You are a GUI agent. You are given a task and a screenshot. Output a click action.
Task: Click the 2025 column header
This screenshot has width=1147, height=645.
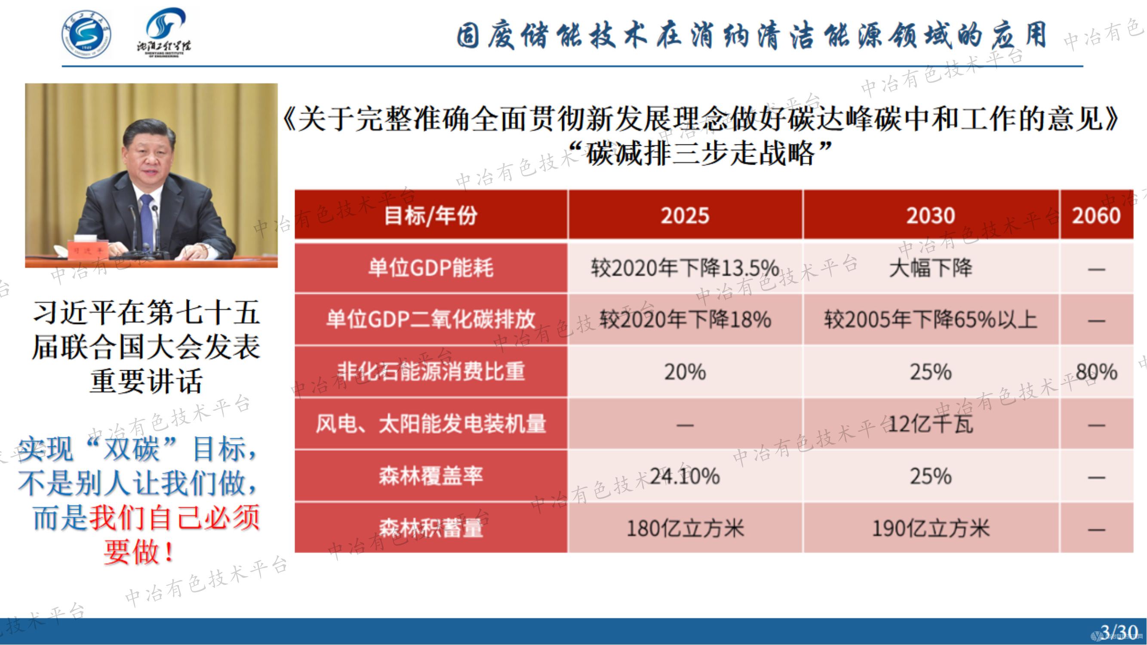pyautogui.click(x=685, y=215)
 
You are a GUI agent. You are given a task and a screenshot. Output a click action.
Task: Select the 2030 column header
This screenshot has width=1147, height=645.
pyautogui.click(x=931, y=215)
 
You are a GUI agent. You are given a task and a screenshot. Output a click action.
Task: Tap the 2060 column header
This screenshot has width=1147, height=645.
pyautogui.click(x=1096, y=215)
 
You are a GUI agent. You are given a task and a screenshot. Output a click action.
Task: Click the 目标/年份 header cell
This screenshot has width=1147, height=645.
pyautogui.click(x=431, y=215)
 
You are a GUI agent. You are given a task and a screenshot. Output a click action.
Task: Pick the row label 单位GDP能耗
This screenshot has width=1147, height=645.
pyautogui.click(x=431, y=268)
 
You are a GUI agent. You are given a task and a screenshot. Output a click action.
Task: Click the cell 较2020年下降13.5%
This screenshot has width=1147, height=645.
pyautogui.click(x=685, y=268)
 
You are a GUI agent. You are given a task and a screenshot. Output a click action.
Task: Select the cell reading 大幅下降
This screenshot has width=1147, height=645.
pyautogui.click(x=931, y=268)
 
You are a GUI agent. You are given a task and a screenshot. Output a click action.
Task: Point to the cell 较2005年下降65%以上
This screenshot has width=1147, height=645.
pyautogui.click(x=931, y=319)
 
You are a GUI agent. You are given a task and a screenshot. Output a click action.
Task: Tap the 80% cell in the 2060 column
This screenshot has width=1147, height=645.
pyautogui.click(x=1096, y=372)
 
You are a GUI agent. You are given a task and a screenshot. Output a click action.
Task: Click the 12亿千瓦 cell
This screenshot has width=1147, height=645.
pyautogui.click(x=931, y=424)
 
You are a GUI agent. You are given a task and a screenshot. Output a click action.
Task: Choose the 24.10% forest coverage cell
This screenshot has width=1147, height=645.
pyautogui.click(x=685, y=476)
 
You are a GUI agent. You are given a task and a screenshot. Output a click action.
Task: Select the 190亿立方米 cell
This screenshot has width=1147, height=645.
pyautogui.click(x=931, y=528)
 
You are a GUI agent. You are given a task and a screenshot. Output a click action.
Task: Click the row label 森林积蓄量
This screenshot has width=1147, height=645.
pyautogui.click(x=431, y=528)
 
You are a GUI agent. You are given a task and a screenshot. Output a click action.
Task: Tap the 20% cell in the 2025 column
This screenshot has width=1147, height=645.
pyautogui.click(x=685, y=372)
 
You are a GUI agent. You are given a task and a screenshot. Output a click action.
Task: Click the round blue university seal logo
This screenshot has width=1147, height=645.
pyautogui.click(x=86, y=34)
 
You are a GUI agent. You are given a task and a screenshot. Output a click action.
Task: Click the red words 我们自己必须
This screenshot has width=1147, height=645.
pyautogui.click(x=175, y=517)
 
